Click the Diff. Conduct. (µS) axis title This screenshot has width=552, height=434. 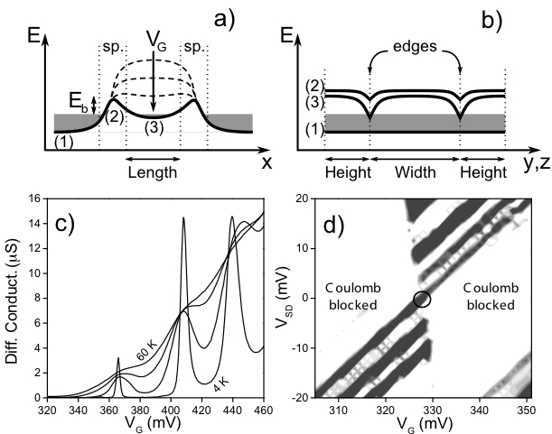pos(13,297)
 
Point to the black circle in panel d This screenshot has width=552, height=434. pos(423,300)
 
